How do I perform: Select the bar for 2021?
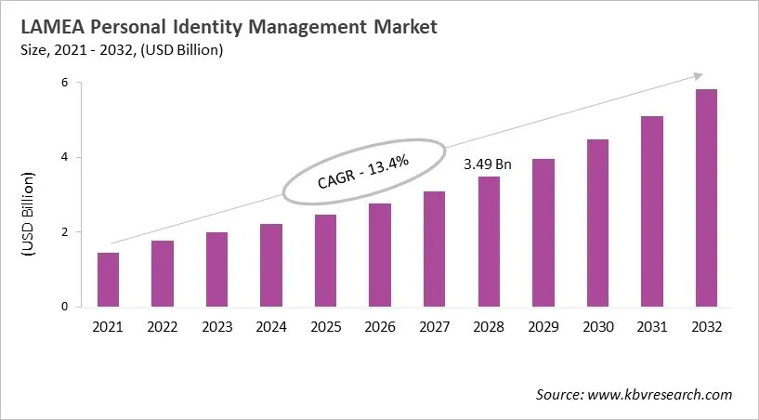click(108, 280)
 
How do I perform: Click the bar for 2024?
click(270, 265)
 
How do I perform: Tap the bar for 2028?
click(488, 242)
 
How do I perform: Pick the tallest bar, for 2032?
click(705, 198)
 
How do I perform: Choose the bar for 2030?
click(596, 223)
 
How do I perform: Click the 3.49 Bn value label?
click(488, 164)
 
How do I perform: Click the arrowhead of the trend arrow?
click(695, 75)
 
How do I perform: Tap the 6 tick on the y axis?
click(66, 83)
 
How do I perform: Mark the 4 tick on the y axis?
click(66, 158)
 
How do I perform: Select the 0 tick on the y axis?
click(66, 307)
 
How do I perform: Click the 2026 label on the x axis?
click(379, 326)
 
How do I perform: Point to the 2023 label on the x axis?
click(216, 326)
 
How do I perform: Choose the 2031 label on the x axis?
click(650, 326)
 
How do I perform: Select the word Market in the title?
click(399, 29)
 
